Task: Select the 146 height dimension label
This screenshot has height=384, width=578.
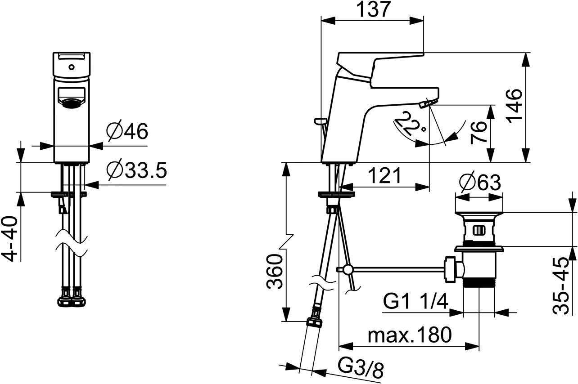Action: [x=514, y=106]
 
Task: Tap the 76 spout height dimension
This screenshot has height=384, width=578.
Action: [x=479, y=133]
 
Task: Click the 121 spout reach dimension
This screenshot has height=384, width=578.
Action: [x=384, y=175]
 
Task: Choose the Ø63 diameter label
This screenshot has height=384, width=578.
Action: [x=480, y=182]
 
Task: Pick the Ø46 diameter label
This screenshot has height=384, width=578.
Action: [x=127, y=131]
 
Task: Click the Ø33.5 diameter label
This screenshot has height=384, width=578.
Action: [x=136, y=170]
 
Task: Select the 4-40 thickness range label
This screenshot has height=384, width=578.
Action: [x=9, y=239]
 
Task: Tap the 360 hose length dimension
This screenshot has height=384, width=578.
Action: [x=274, y=272]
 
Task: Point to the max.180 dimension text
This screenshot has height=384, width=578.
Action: [x=410, y=335]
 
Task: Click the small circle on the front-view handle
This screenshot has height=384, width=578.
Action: [x=72, y=67]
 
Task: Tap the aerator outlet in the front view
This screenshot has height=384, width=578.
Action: [x=72, y=103]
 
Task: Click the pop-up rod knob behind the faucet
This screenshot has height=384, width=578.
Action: [x=321, y=121]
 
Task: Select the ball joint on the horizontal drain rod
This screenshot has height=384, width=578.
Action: [x=348, y=270]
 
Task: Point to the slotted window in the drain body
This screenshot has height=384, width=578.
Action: [x=479, y=230]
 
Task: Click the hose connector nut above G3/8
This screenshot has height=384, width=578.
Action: [x=315, y=322]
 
